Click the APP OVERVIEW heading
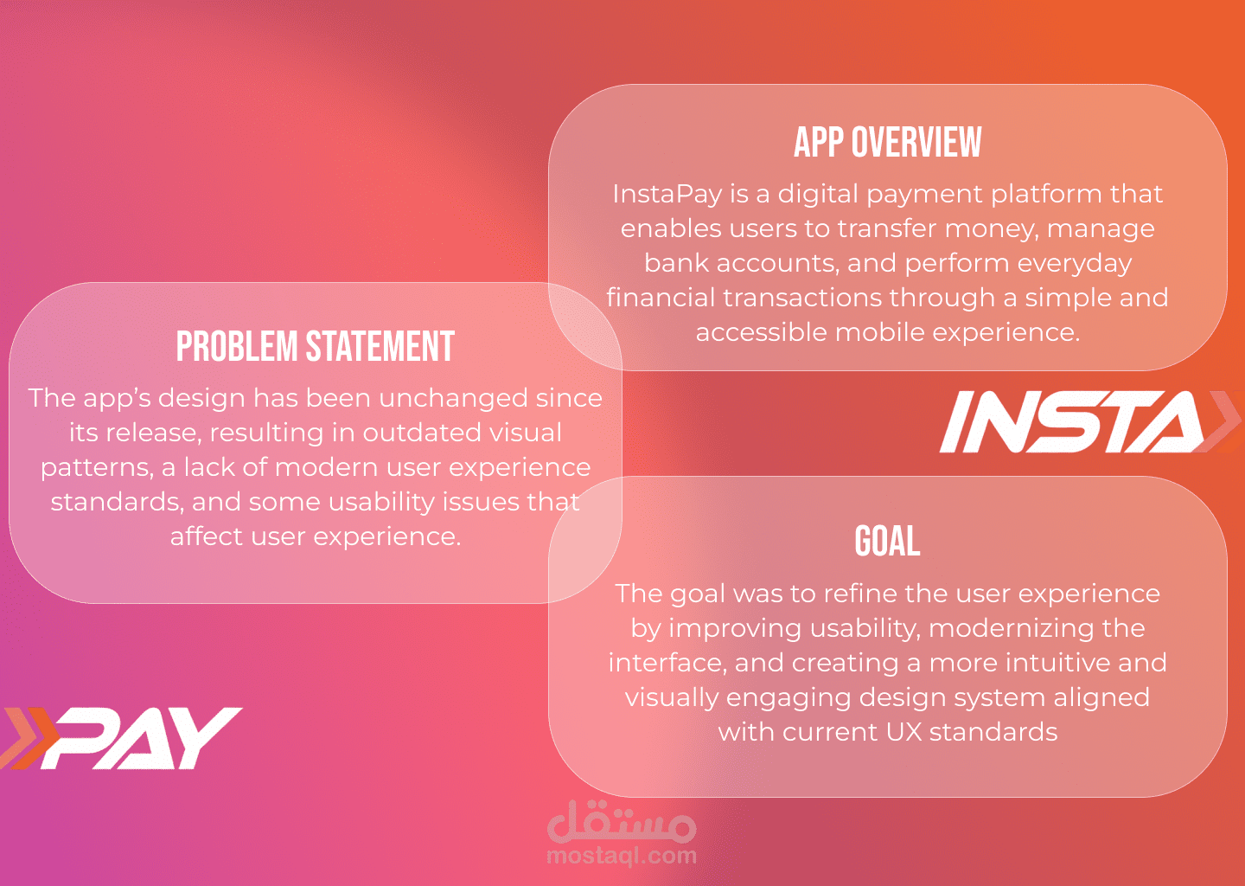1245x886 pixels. point(888,142)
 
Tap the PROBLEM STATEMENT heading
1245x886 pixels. point(316,346)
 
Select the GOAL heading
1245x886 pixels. point(887,541)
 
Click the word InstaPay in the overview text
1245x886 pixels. point(667,195)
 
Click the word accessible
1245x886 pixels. point(761,332)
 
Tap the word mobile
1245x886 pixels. point(879,332)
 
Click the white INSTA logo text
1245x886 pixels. point(1073,421)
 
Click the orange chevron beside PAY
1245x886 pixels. point(29,738)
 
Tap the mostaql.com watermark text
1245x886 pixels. point(622,855)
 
